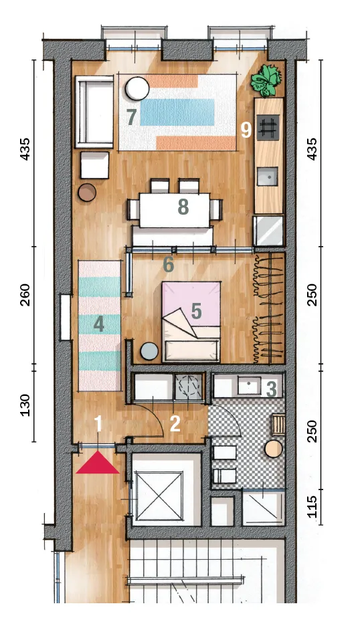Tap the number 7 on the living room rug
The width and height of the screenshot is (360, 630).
tap(131, 117)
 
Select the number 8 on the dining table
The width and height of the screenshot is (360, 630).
tap(183, 208)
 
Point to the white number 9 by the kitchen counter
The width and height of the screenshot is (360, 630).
tap(246, 130)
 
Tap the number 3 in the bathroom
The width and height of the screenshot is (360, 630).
tap(272, 389)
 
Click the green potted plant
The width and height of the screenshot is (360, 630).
tap(265, 81)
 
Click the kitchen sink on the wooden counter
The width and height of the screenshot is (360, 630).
tap(267, 177)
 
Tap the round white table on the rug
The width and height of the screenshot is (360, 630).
tap(137, 88)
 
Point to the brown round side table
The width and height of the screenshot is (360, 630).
tap(87, 193)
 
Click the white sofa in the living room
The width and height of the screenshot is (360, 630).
tap(95, 112)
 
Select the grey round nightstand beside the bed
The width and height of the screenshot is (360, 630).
tap(149, 351)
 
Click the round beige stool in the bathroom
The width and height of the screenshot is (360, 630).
tap(274, 449)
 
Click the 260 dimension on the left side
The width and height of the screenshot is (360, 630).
tap(25, 294)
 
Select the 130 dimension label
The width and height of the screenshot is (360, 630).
tap(25, 405)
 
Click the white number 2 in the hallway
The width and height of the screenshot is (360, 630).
tap(175, 424)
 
